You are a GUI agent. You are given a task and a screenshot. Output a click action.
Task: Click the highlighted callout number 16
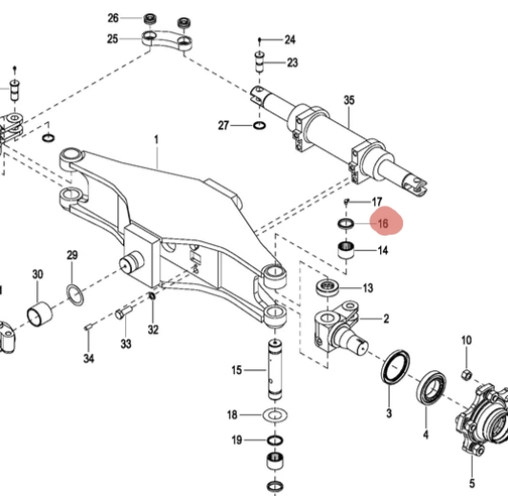(383, 223)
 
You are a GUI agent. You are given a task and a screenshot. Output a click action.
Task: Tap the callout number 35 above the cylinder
(349, 100)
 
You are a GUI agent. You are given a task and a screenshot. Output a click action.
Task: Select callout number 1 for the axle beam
(157, 140)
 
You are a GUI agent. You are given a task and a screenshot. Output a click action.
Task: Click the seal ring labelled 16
(346, 223)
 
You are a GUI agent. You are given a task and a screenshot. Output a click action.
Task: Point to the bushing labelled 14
(346, 250)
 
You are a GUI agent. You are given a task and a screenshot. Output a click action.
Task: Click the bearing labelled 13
(328, 287)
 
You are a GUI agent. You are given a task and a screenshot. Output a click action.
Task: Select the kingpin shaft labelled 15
(275, 369)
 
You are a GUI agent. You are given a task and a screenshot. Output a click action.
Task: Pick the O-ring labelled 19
(275, 440)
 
